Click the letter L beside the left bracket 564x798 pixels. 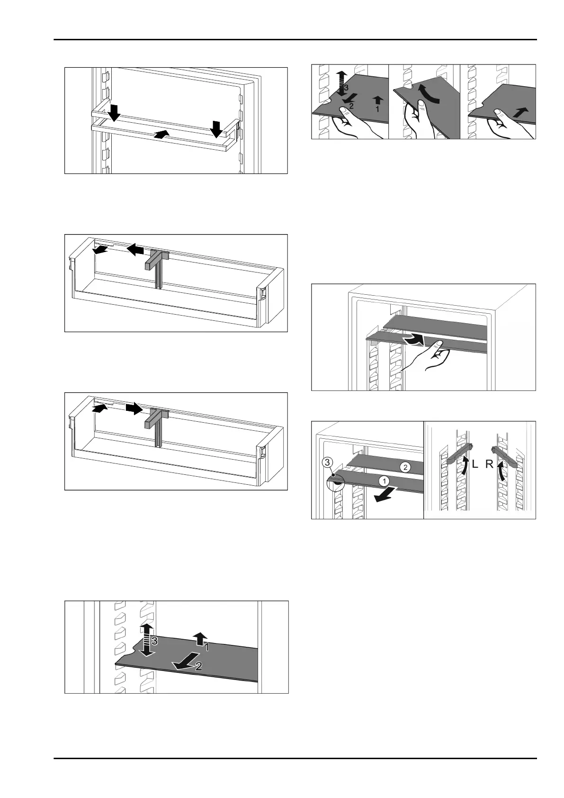476,464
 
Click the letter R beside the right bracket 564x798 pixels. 490,464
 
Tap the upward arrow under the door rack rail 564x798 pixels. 161,135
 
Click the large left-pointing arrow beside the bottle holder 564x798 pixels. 135,249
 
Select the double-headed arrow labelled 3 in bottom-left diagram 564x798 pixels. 146,640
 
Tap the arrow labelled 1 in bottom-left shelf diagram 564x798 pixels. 200,638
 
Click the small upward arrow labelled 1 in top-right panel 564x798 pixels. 377,100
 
